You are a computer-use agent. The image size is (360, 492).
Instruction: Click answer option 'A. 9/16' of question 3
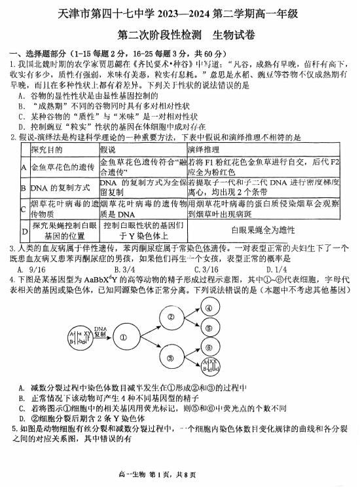[x=31, y=268]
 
